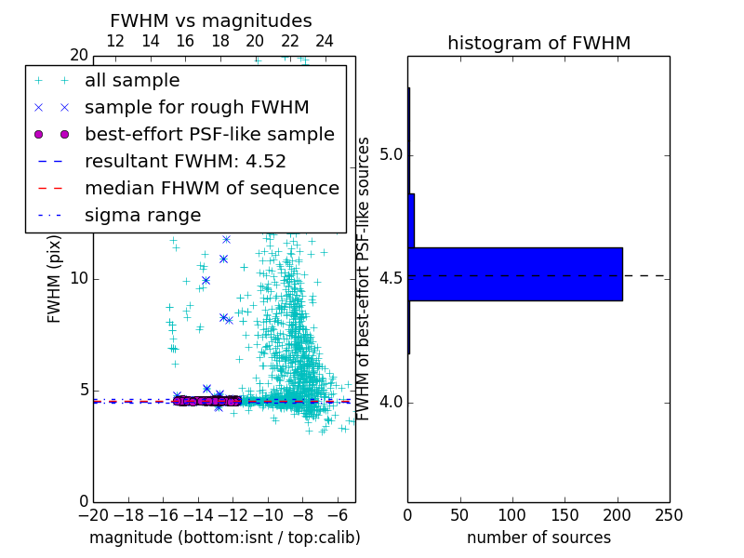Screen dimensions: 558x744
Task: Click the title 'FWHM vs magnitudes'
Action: [211, 20]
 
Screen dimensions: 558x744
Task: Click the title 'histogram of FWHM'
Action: [538, 43]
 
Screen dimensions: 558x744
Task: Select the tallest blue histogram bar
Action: [514, 274]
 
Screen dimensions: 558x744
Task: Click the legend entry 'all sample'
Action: [132, 81]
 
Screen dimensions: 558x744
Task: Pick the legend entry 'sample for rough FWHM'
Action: [196, 107]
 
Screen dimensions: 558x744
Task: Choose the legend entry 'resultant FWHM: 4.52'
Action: [185, 161]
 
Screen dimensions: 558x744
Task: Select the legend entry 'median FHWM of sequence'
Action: [211, 188]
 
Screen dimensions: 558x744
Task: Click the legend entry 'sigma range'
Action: [142, 215]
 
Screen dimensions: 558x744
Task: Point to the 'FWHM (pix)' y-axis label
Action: [55, 278]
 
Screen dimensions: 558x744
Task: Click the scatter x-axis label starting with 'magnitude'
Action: [224, 538]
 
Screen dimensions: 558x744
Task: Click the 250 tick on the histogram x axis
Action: [669, 514]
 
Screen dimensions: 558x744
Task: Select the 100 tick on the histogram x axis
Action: [512, 514]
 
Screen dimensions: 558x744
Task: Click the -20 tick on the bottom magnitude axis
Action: [93, 514]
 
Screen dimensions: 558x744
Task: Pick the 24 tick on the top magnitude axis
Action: [325, 42]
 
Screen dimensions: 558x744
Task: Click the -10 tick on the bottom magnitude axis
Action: [268, 514]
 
